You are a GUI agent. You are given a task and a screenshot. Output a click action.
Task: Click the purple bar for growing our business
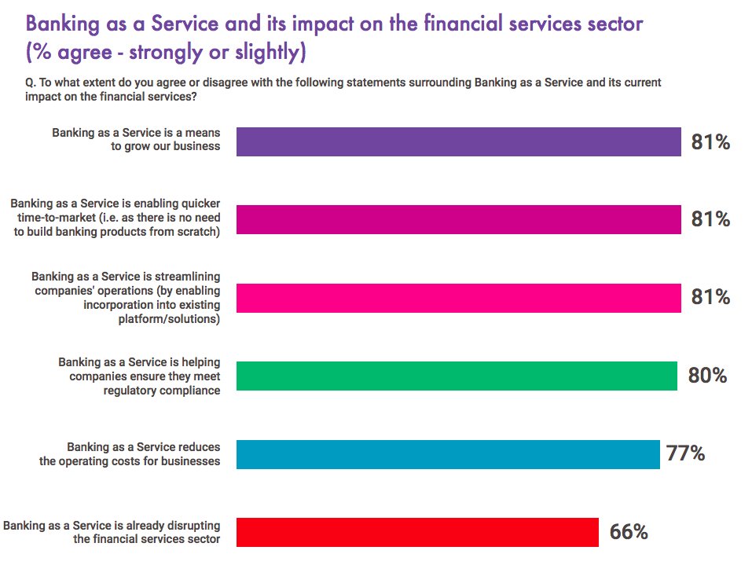coord(458,142)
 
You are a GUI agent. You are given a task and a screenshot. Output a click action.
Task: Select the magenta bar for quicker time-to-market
coord(458,219)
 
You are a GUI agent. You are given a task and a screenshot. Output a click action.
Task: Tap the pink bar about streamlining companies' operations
coord(458,298)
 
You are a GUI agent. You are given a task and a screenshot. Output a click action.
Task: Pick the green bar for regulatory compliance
coord(457,376)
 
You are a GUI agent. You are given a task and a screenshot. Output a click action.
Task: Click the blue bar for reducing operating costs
coord(448,454)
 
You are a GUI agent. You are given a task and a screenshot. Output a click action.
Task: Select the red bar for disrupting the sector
coord(417,532)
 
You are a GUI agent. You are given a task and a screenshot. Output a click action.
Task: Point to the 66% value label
coord(629,532)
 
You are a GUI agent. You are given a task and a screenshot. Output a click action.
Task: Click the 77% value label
coord(685,453)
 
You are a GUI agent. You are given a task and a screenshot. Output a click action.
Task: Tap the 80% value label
coord(707,376)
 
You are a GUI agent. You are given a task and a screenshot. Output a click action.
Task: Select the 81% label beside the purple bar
coord(710,142)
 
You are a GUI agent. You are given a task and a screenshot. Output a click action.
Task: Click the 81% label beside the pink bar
coord(710,298)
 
